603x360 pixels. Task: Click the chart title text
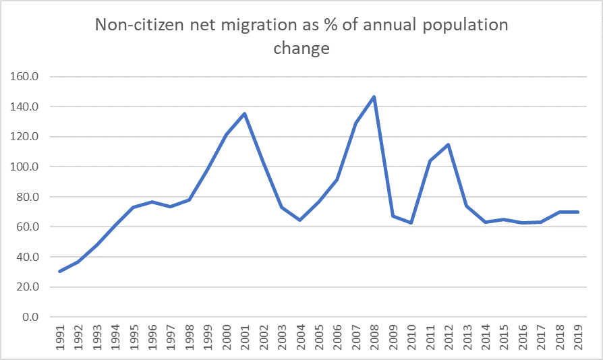coord(301,36)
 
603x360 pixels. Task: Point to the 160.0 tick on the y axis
coord(24,77)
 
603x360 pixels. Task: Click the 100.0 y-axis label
coord(24,167)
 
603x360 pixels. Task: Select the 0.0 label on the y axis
coord(29,317)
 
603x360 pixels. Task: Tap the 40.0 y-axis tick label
coord(27,257)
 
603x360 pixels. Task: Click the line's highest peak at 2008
coord(374,96)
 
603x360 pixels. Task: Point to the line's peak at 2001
coord(244,113)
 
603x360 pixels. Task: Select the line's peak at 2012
coord(448,144)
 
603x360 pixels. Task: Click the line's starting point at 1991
coord(60,271)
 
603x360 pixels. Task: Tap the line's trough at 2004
coord(299,220)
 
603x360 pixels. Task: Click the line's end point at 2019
coord(578,212)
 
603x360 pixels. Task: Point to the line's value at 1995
coord(134,207)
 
